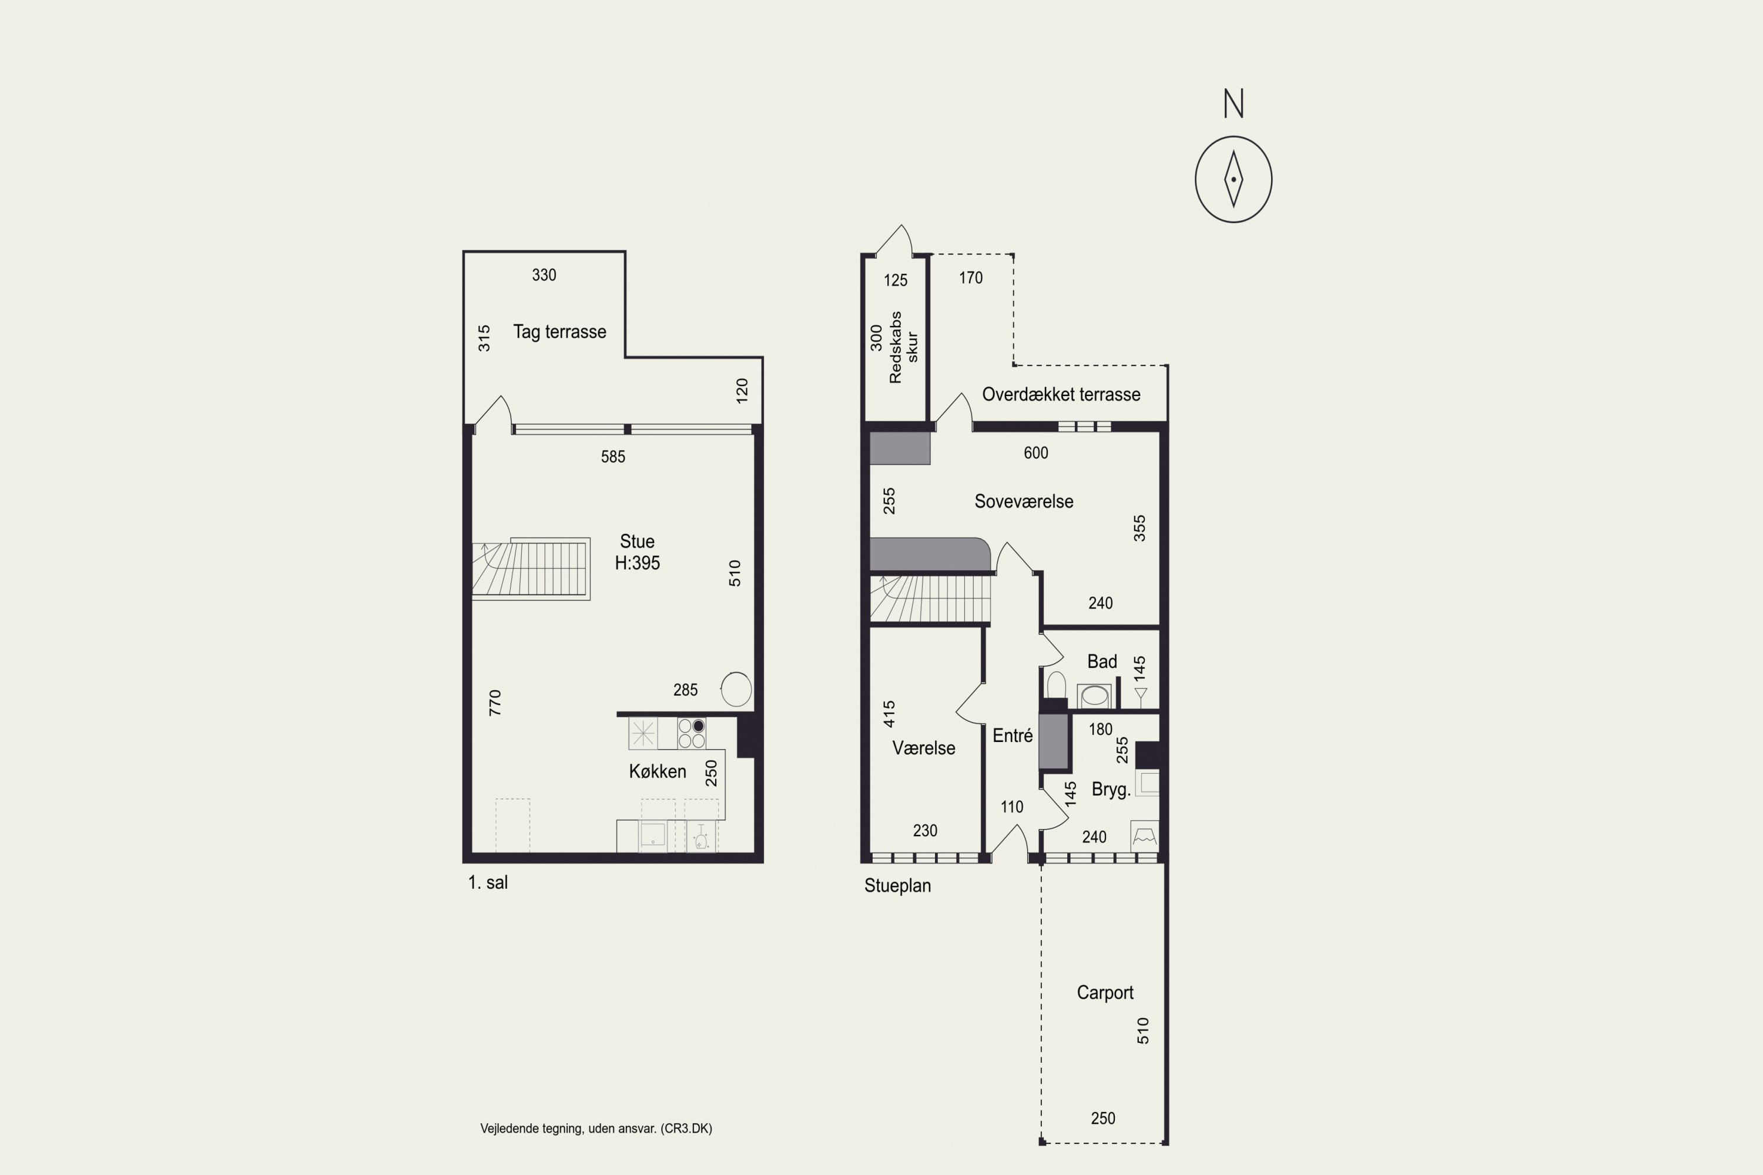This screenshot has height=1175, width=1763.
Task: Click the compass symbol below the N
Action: (x=1233, y=179)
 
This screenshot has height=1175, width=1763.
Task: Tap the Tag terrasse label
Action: (x=559, y=332)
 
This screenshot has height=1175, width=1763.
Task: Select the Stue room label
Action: (x=637, y=542)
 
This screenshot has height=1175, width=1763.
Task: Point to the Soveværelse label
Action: (x=1023, y=501)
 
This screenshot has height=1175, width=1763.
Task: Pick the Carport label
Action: (x=1105, y=993)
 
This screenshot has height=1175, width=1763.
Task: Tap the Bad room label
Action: (x=1102, y=662)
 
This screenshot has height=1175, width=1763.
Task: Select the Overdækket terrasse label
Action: (x=1061, y=394)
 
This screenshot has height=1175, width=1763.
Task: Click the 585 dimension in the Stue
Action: (x=612, y=456)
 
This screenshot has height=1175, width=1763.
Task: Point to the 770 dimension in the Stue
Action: (x=495, y=703)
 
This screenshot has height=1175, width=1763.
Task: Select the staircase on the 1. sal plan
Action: (x=531, y=569)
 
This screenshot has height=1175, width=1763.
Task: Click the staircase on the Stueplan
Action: (x=930, y=598)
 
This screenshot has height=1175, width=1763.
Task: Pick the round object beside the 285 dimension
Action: (x=736, y=689)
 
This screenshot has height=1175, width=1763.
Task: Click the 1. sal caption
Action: (x=488, y=883)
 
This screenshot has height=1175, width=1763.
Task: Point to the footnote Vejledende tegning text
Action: (x=596, y=1129)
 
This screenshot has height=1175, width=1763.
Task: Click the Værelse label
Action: (x=923, y=748)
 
